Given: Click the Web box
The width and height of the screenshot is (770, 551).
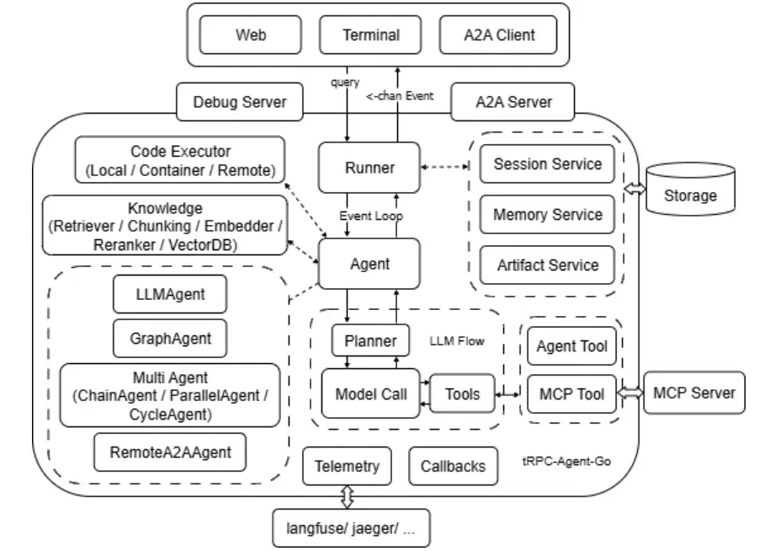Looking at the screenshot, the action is (251, 35).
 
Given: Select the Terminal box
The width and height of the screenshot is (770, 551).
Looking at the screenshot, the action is (370, 35).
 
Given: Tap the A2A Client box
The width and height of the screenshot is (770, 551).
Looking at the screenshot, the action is (498, 35).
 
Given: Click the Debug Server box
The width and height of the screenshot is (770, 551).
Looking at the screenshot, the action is (240, 102).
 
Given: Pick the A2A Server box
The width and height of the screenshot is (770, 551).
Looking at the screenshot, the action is (512, 102).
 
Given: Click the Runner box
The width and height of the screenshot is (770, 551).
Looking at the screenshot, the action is (369, 168).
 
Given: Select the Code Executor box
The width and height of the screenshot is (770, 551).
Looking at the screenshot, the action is (180, 160).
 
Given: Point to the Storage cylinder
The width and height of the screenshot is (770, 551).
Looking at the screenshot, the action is (690, 190).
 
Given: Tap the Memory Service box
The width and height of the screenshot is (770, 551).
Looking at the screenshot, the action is (547, 214).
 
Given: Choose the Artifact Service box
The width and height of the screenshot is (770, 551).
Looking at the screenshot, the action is (547, 265).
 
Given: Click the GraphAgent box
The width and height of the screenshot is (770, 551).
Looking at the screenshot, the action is (170, 338).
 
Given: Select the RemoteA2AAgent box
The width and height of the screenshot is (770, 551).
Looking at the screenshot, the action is (170, 452).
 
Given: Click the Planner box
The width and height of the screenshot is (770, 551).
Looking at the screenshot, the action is (370, 340).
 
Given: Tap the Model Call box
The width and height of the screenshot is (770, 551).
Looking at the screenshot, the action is (371, 393).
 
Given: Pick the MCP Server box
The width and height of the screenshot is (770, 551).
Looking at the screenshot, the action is (694, 393).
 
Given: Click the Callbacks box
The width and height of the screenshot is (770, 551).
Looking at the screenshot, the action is (453, 466).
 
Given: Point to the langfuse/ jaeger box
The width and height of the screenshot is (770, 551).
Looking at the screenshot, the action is (351, 528).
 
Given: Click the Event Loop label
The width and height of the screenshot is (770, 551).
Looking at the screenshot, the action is (371, 216).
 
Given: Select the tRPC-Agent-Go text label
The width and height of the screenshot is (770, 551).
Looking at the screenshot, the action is (566, 461).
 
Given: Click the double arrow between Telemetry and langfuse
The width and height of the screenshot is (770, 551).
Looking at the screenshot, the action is (348, 497).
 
